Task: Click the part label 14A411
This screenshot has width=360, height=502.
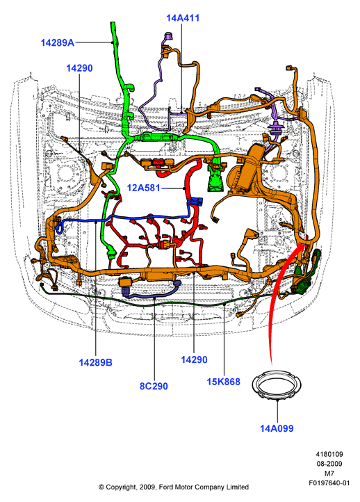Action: [183, 18]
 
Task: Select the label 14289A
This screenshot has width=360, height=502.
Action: [58, 42]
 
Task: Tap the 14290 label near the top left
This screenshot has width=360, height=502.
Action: [79, 68]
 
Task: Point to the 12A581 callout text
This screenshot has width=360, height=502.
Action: [143, 188]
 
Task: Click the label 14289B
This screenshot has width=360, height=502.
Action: [96, 362]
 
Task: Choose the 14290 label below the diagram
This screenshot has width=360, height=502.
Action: [194, 359]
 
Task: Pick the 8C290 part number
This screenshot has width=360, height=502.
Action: [154, 386]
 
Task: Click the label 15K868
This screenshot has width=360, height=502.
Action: [223, 382]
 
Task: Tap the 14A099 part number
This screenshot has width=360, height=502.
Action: [277, 428]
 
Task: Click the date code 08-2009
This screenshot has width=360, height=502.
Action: [329, 464]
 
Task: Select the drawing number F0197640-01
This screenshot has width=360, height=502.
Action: [329, 483]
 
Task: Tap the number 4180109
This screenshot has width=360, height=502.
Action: [329, 454]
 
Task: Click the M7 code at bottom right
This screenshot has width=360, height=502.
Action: [329, 473]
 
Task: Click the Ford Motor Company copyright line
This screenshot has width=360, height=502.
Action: [174, 487]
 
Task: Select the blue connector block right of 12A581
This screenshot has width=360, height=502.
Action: [196, 202]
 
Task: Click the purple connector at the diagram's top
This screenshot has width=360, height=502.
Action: [167, 36]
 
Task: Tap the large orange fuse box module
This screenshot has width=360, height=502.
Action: [245, 170]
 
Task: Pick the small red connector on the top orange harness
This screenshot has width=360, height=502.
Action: [158, 162]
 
